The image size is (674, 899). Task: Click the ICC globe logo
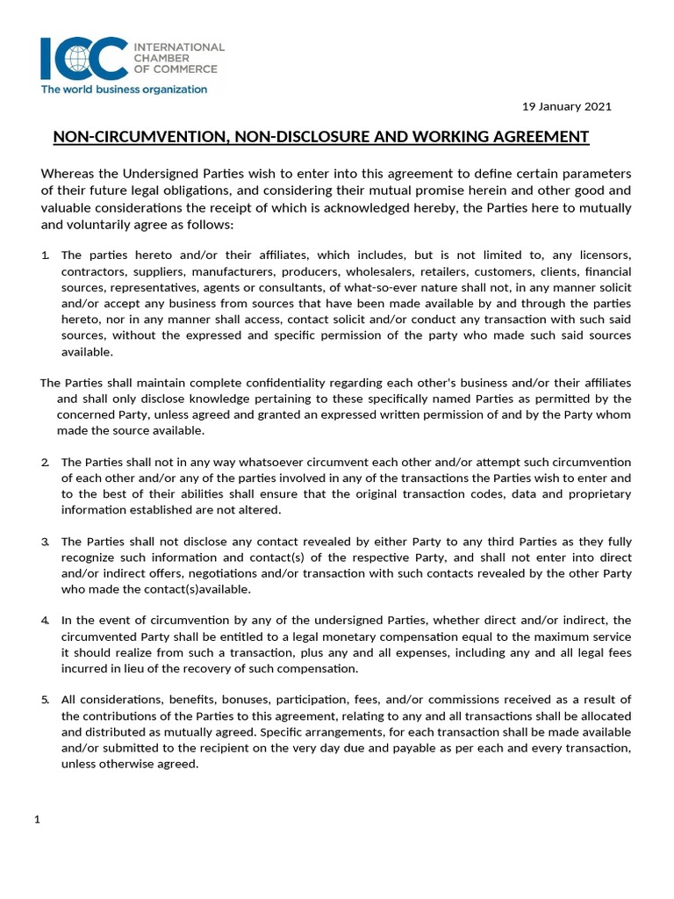coord(83,59)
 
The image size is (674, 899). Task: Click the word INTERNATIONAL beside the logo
coord(178,47)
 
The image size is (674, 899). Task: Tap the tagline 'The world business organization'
coord(124,89)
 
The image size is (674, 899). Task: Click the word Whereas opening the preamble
coord(70,173)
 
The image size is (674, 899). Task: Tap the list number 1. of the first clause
coord(47,255)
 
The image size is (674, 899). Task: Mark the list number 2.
coord(47,462)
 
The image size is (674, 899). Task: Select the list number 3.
coord(47,542)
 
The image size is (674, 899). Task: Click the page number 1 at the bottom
coord(37,820)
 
